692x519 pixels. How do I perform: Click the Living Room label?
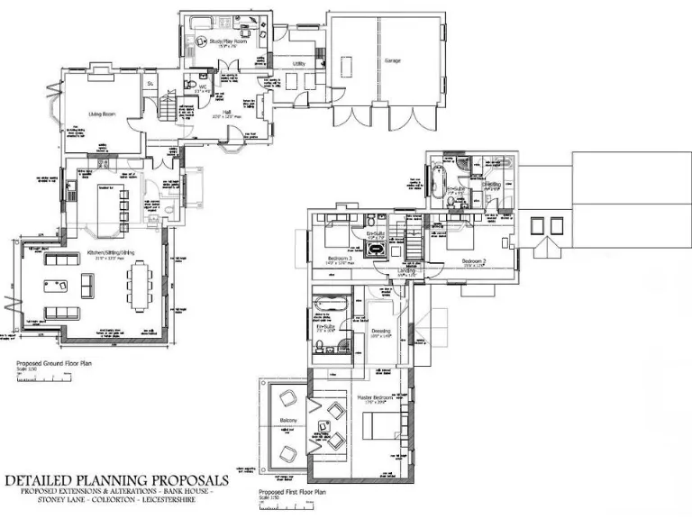tap(100, 114)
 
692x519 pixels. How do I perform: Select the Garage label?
tap(392, 60)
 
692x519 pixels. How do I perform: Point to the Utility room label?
tap(298, 64)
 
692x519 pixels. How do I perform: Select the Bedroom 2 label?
tap(474, 260)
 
